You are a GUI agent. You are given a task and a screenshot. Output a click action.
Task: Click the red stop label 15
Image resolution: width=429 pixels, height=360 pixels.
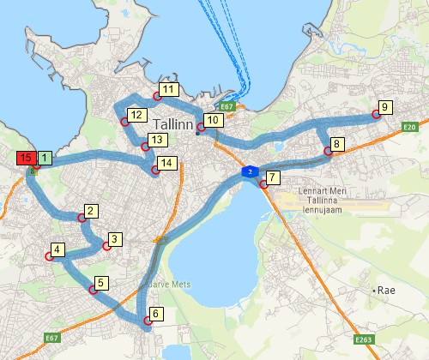coord(25,158)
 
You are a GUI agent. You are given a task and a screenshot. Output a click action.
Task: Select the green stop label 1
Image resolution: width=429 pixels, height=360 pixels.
coord(45,158)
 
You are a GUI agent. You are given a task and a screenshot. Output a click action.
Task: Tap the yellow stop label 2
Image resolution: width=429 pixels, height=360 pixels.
coord(91,211)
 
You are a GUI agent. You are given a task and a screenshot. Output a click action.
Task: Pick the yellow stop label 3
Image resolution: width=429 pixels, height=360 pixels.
coord(116,239)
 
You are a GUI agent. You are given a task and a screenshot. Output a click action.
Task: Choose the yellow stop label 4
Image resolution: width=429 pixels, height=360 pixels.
coord(57,250)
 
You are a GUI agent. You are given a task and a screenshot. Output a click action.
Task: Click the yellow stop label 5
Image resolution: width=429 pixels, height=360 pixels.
coord(101,282)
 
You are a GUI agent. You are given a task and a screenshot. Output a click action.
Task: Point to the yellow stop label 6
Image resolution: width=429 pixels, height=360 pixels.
coord(156,314)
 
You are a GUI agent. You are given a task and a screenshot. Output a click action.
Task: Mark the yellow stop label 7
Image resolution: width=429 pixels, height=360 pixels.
coord(273,177)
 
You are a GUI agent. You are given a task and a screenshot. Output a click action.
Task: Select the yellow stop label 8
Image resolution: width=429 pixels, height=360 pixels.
coord(338,144)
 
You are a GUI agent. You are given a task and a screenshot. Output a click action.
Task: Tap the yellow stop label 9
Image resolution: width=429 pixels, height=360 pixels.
coord(384,107)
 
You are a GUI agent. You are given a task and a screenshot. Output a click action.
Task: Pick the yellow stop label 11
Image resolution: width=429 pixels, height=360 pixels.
coord(168,89)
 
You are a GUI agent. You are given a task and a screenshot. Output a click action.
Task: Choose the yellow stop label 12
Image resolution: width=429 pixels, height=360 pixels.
coord(136,115)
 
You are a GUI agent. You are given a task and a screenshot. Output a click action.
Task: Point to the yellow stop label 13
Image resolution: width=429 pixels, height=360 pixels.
coord(155,140)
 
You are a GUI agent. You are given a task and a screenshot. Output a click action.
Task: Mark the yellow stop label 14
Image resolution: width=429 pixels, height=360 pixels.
coord(166,163)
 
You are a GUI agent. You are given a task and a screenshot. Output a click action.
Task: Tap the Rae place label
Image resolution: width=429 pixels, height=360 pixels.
coord(389,291)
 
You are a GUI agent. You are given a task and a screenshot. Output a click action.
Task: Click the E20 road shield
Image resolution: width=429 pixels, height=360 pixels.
coord(409,127)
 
